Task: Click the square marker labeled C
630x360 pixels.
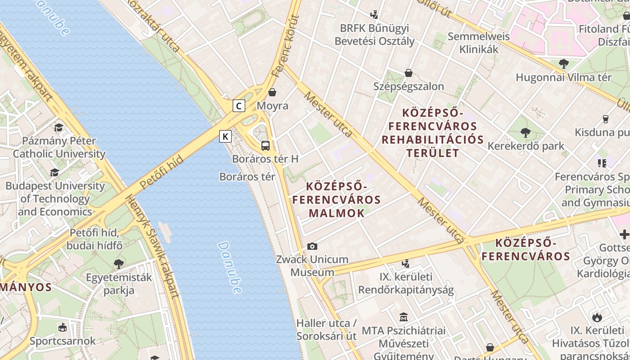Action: pyautogui.click(x=239, y=106)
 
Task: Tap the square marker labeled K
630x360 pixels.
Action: pyautogui.click(x=225, y=136)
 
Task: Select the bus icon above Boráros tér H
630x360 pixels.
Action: pyautogui.click(x=265, y=145)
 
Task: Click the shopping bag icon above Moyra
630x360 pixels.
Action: pyautogui.click(x=272, y=93)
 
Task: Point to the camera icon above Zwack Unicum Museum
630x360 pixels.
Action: pyautogui.click(x=312, y=246)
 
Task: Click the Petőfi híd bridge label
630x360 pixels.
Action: pyautogui.click(x=162, y=172)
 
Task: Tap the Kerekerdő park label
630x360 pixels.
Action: pyautogui.click(x=526, y=146)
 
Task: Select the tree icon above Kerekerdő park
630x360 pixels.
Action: pyautogui.click(x=525, y=132)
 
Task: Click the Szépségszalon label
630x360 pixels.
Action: pyautogui.click(x=409, y=86)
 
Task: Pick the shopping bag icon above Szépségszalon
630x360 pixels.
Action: pyautogui.click(x=409, y=73)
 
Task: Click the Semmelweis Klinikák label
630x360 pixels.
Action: pyautogui.click(x=479, y=43)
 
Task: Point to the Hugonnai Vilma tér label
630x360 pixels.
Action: pyautogui.click(x=563, y=77)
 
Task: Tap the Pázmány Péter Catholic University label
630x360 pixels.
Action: pyautogui.click(x=59, y=147)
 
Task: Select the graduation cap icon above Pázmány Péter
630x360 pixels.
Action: pyautogui.click(x=59, y=128)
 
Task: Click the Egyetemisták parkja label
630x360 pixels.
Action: pyautogui.click(x=119, y=283)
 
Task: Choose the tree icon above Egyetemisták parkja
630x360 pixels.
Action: pyautogui.click(x=119, y=264)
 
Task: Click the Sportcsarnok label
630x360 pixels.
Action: pyautogui.click(x=63, y=341)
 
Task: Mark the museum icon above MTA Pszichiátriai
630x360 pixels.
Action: pyautogui.click(x=404, y=317)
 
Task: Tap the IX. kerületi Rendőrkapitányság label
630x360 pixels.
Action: pyautogui.click(x=406, y=283)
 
